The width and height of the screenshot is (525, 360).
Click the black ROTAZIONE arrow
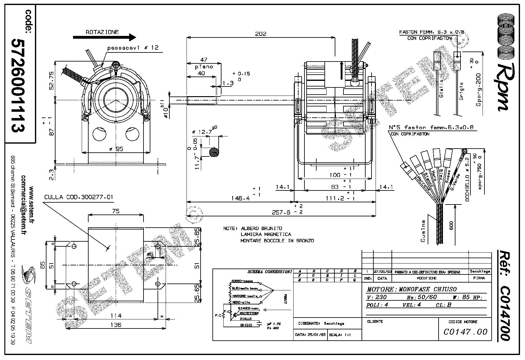click(104, 37)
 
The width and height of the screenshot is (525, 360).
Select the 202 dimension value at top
click(260, 34)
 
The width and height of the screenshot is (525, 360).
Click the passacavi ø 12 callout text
click(133, 48)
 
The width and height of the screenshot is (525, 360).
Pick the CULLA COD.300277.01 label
click(79, 197)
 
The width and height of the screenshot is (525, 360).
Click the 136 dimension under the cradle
click(115, 325)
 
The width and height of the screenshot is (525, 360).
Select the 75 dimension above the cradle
click(115, 211)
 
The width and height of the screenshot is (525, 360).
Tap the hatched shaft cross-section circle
click(214, 152)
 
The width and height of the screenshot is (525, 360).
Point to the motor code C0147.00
click(465, 332)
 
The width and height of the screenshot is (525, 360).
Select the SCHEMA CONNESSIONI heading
click(270, 272)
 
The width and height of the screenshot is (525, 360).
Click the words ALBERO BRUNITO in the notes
click(261, 228)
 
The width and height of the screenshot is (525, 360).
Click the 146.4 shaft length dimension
click(241, 198)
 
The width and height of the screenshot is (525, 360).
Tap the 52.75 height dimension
click(52, 80)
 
